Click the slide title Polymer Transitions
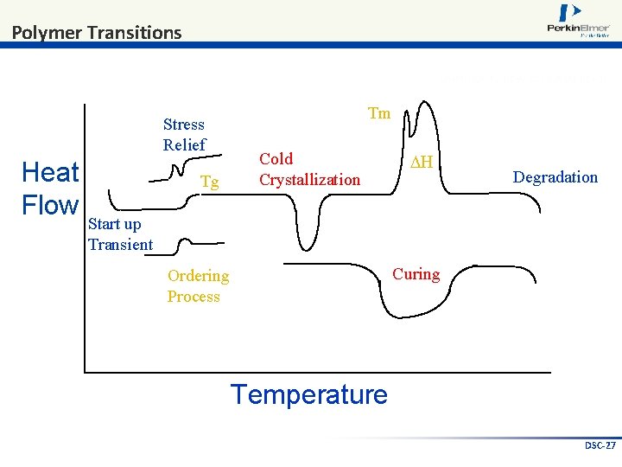coord(97,33)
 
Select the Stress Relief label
coord(184,135)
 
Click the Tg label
coord(209,182)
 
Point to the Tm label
coord(378,113)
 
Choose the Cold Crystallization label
coord(309,170)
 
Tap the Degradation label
coord(555,177)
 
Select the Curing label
coord(416,274)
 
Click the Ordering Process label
coord(198,286)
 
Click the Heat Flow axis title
coord(50,189)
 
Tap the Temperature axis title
coord(308,394)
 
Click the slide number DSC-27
coord(600,445)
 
